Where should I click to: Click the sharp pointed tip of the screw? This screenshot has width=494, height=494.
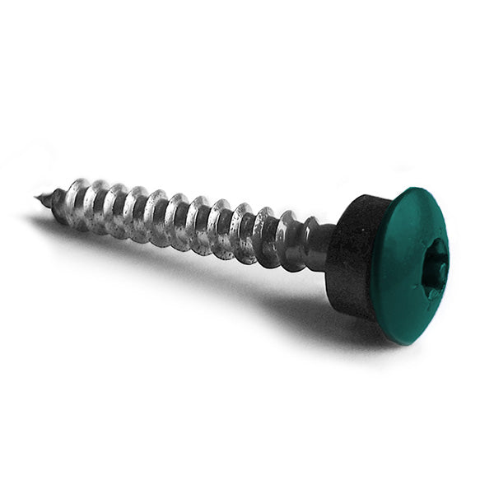click(38, 197)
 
